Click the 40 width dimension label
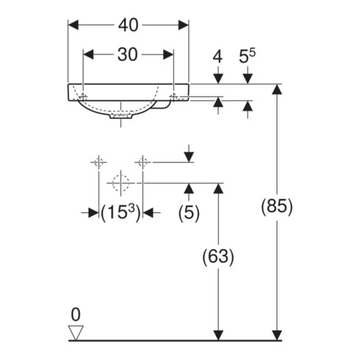pyautogui.click(x=128, y=25)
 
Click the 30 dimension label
pyautogui.click(x=127, y=54)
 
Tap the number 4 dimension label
pyautogui.click(x=217, y=57)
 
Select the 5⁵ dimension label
pyautogui.click(x=247, y=56)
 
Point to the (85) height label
pyautogui.click(x=277, y=206)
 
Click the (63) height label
pyautogui.click(x=218, y=256)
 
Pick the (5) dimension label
pyautogui.click(x=189, y=212)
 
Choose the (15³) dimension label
pyautogui.click(x=120, y=212)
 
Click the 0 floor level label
pyautogui.click(x=76, y=314)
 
